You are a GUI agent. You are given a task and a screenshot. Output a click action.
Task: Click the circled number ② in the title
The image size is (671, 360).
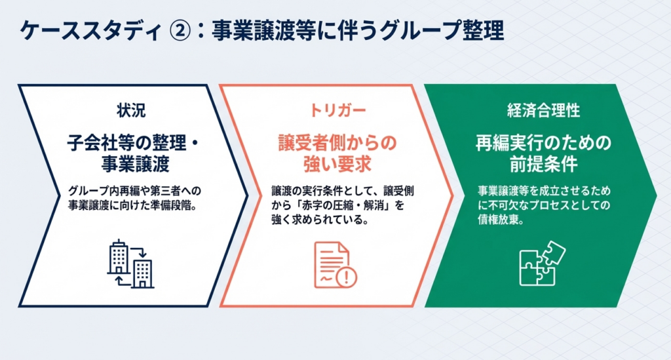(x=180, y=31)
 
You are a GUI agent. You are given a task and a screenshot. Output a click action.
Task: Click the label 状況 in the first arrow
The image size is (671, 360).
(x=131, y=110)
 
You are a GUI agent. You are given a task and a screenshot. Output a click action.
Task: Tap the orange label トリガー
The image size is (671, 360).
(x=337, y=110)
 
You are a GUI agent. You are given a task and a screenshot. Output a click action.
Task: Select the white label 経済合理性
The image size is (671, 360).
(x=543, y=110)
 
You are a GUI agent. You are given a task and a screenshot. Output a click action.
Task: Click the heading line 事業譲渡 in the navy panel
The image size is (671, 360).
(x=135, y=164)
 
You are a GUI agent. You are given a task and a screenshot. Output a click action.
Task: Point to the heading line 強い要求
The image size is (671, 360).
(x=337, y=164)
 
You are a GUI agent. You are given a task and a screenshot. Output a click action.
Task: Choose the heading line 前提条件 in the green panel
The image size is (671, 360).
(x=543, y=164)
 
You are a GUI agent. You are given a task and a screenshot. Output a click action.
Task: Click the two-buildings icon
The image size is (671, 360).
(x=130, y=263)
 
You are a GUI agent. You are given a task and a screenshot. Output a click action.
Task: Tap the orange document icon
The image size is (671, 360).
(x=335, y=265)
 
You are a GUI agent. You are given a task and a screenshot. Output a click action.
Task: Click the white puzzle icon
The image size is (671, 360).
(x=542, y=263)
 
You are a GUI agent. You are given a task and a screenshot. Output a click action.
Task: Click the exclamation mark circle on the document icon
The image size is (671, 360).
(x=346, y=277)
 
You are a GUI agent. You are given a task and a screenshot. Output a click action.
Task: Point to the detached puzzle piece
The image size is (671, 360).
(x=553, y=252)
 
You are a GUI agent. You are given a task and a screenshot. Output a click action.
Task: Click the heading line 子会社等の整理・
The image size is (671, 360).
(x=134, y=143)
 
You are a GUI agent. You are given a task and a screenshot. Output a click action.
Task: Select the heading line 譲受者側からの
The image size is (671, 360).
(x=337, y=143)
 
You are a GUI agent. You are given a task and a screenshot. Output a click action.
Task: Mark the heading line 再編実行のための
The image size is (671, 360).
(x=543, y=143)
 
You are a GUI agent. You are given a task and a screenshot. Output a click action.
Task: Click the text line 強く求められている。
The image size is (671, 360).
(x=320, y=220)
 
